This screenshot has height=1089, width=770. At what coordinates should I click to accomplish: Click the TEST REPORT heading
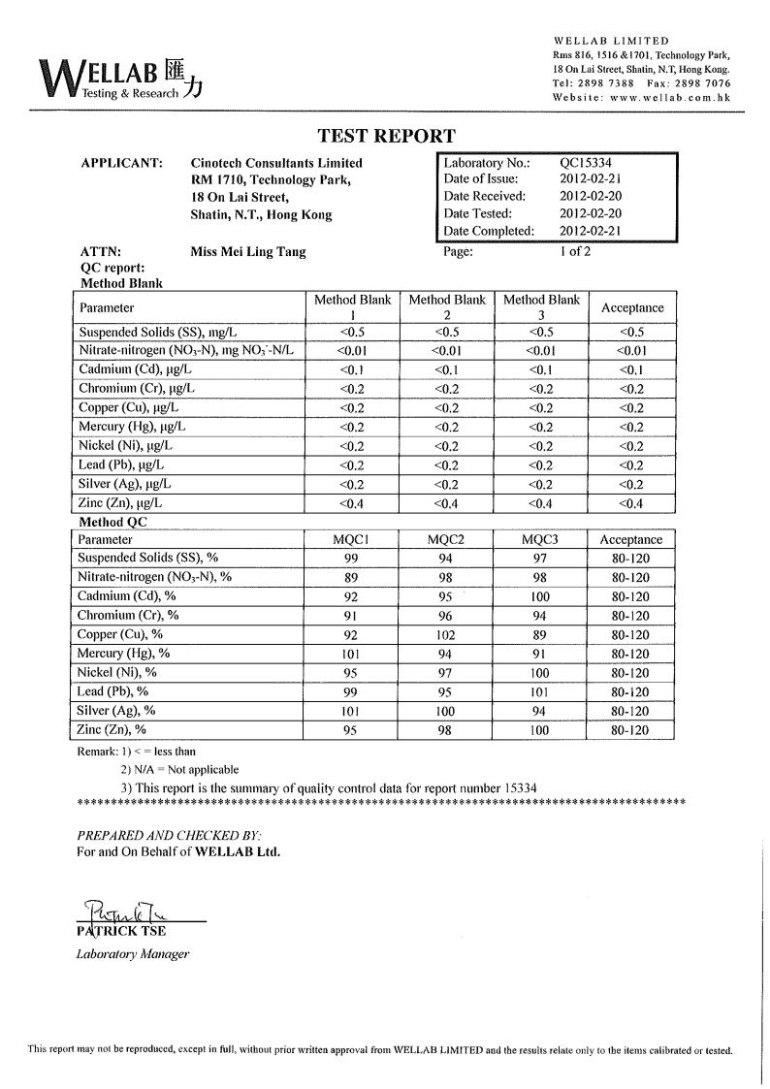pyautogui.click(x=386, y=137)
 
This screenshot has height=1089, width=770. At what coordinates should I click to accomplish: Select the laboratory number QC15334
pyautogui.click(x=586, y=163)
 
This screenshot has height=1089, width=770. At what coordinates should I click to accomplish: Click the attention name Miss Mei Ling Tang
pyautogui.click(x=248, y=251)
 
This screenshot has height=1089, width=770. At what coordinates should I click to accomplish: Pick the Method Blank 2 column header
pyautogui.click(x=447, y=306)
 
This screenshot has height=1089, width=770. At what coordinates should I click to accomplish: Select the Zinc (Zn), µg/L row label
pyautogui.click(x=120, y=503)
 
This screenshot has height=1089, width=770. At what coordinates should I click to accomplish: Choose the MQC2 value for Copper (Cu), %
pyautogui.click(x=445, y=635)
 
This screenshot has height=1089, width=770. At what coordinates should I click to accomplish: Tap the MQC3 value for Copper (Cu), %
pyautogui.click(x=540, y=635)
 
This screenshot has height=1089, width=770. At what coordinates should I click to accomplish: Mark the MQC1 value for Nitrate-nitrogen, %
pyautogui.click(x=352, y=578)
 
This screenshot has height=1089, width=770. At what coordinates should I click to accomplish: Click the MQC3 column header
pyautogui.click(x=540, y=540)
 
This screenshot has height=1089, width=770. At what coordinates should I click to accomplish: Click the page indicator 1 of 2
pyautogui.click(x=574, y=251)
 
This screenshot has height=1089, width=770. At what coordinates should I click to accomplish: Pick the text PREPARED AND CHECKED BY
pyautogui.click(x=169, y=835)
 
